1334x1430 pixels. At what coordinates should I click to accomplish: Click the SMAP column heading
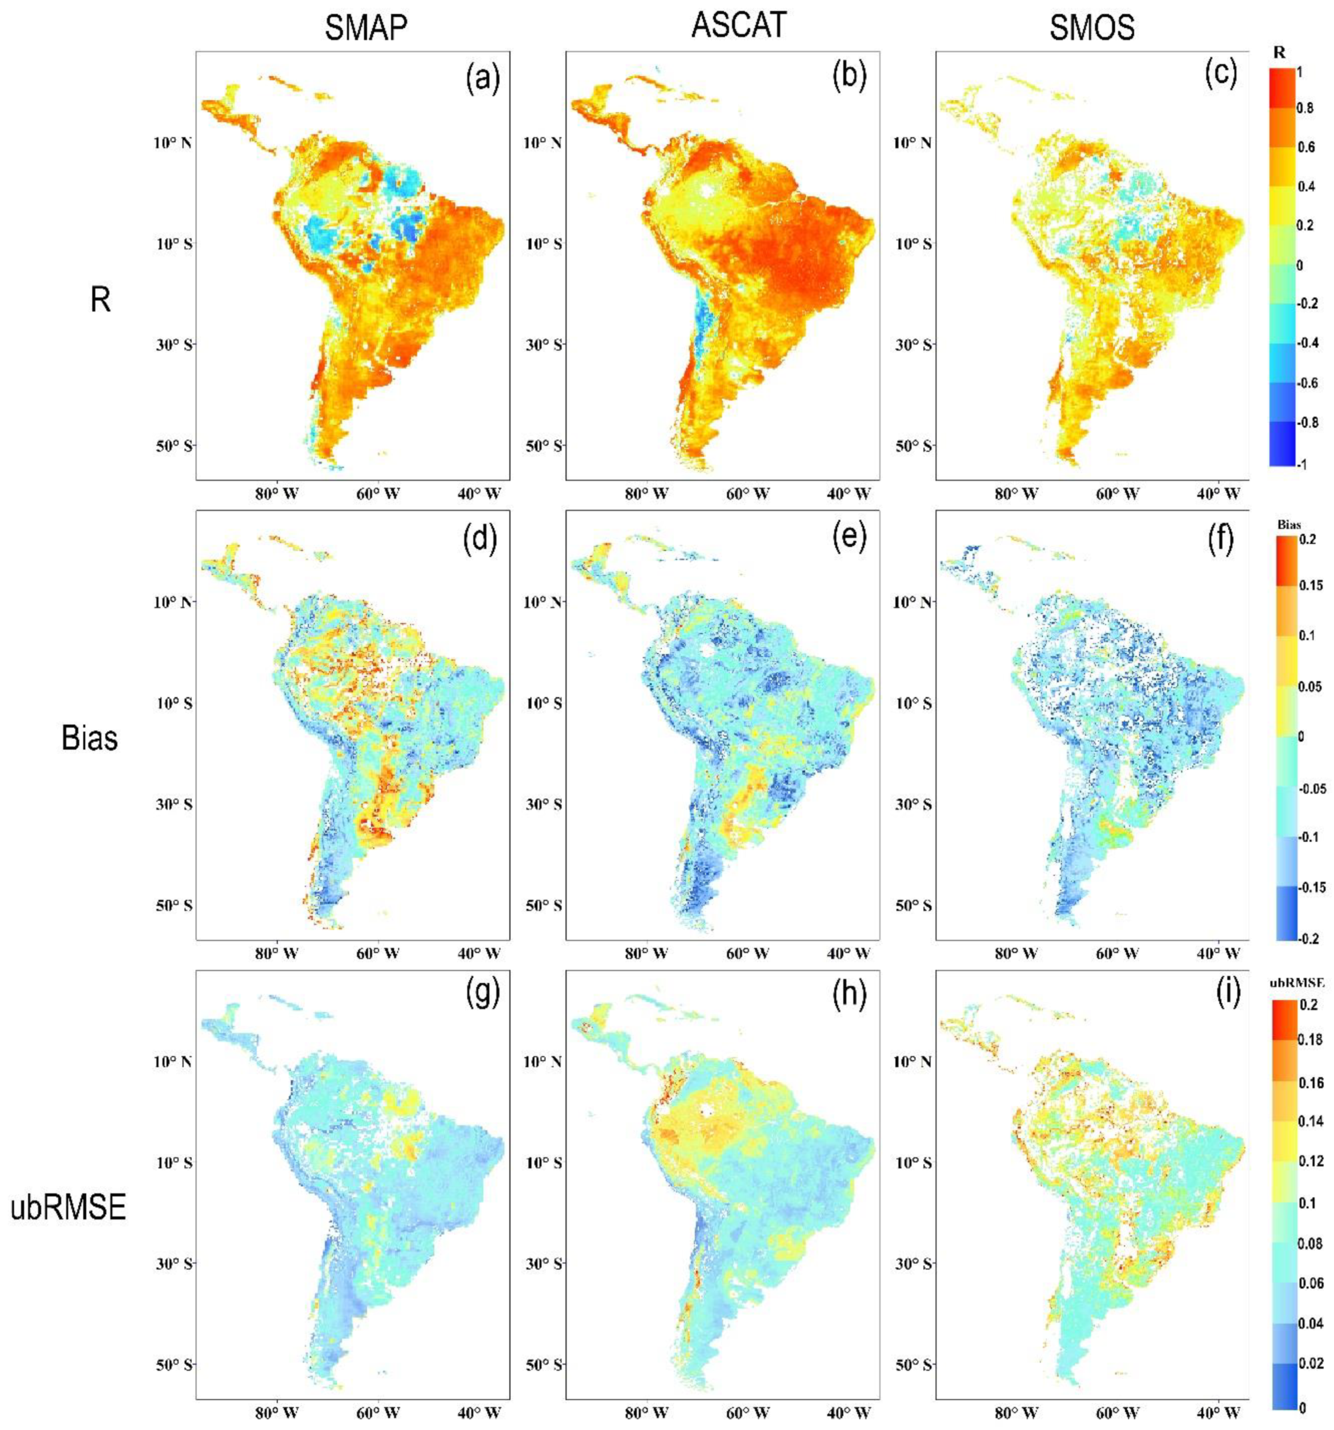point(365,28)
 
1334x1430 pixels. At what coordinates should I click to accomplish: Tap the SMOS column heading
point(1091,28)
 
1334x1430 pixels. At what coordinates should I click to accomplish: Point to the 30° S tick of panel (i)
point(912,1263)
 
